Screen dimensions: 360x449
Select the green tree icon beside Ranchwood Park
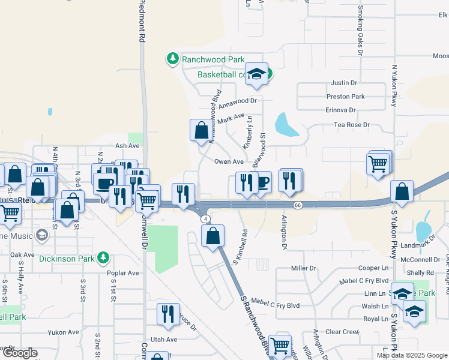[x=173, y=58]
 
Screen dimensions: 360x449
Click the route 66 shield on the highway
[x=297, y=205]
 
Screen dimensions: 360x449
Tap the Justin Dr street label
[x=344, y=83]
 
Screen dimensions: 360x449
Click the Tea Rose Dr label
[x=352, y=125]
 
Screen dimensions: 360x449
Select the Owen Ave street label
[x=229, y=161]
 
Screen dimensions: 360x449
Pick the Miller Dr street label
[x=303, y=268]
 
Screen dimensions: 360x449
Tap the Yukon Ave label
[x=64, y=332]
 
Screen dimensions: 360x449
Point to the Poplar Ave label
[x=123, y=273]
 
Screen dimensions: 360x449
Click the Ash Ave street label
[x=127, y=145]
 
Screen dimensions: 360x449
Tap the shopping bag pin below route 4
[x=213, y=235]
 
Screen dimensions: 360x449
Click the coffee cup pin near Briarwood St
[x=262, y=182]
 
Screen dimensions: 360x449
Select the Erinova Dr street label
[x=340, y=110]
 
